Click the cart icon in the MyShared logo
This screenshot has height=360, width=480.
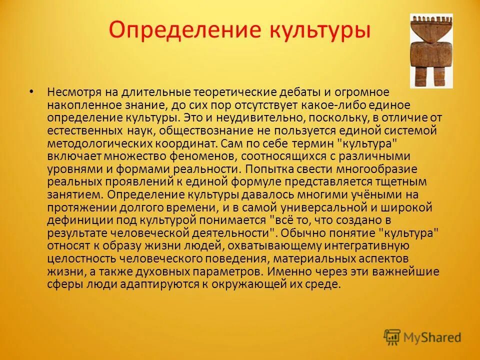(x=392, y=337)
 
